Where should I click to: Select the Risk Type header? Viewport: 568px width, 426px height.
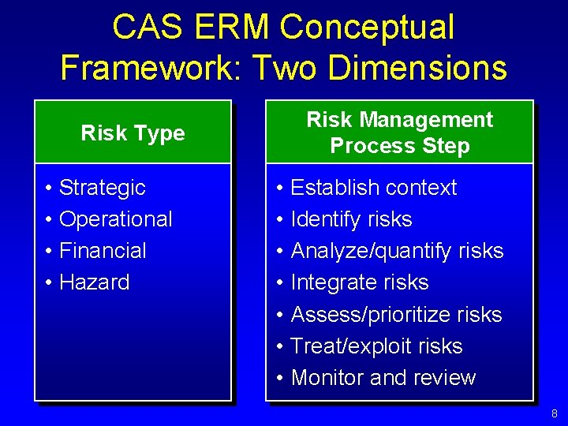pos(133,133)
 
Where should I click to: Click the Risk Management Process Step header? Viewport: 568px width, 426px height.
pos(399,133)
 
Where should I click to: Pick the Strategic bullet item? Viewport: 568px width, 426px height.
pos(102,188)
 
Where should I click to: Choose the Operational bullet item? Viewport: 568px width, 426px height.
pos(115,219)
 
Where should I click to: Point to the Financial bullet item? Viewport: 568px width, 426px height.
pos(103,251)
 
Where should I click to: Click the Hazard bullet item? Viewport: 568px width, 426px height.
pos(94,282)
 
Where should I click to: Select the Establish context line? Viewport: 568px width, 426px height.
pos(373,188)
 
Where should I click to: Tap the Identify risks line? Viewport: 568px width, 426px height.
pos(351,219)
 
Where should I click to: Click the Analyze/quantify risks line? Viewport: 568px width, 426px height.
pos(397,251)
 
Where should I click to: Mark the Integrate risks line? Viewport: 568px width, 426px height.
pos(360,282)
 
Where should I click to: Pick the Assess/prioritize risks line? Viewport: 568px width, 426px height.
pos(396,315)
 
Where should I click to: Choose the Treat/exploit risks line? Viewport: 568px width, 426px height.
pos(376,346)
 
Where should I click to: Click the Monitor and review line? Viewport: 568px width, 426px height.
pos(383,378)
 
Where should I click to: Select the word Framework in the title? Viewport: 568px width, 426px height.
pos(151,68)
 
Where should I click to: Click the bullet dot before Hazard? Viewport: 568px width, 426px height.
pos(49,283)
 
